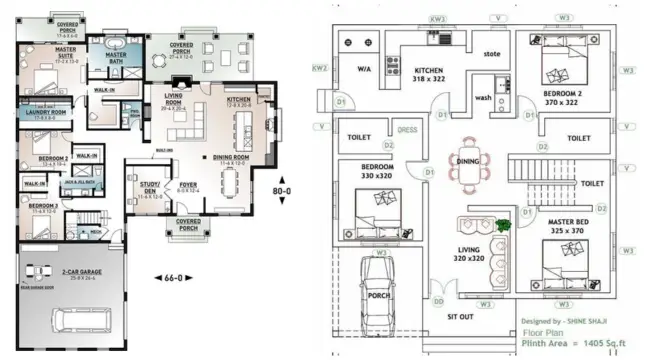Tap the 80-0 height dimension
click(284, 190)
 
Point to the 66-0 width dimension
click(173, 276)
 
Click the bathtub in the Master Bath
click(109, 44)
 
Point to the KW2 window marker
click(320, 69)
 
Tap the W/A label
click(365, 70)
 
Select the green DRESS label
click(408, 129)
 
